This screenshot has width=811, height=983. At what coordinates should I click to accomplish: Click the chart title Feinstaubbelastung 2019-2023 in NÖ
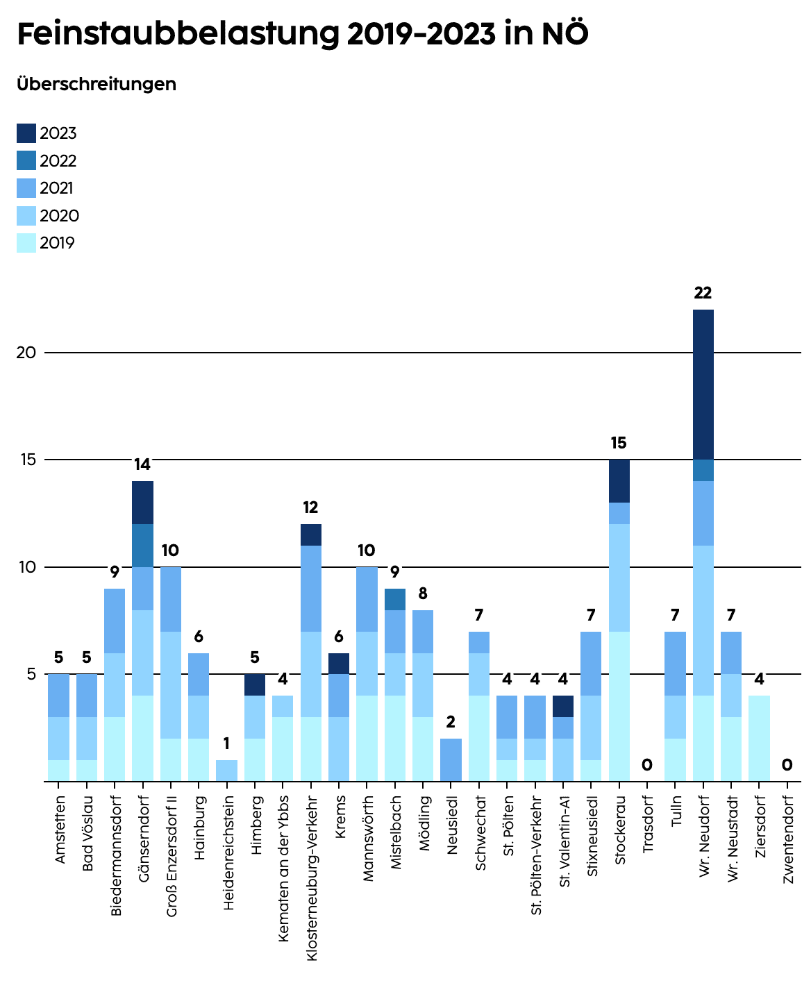click(x=303, y=35)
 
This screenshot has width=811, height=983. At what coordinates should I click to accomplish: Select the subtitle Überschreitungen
click(x=96, y=84)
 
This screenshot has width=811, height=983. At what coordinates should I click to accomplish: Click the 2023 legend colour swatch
click(x=26, y=133)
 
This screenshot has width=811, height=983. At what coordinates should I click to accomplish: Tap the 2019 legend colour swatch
click(x=26, y=243)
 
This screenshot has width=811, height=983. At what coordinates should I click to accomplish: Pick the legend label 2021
click(x=57, y=188)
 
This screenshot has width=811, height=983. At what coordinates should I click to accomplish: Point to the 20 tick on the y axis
click(x=26, y=353)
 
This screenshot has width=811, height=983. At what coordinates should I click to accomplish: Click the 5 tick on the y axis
click(x=31, y=674)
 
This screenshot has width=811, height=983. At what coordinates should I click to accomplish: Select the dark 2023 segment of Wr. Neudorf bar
click(x=703, y=385)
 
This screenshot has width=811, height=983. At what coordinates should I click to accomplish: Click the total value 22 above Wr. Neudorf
click(x=703, y=293)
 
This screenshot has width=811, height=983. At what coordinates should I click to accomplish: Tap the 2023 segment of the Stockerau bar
click(x=619, y=481)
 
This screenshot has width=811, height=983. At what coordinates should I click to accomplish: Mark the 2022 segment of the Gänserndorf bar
click(x=143, y=546)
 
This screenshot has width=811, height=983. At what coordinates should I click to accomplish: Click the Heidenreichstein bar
click(x=226, y=771)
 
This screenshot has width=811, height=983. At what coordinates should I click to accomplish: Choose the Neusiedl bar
click(x=451, y=759)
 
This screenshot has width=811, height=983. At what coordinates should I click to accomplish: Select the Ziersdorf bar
click(x=759, y=738)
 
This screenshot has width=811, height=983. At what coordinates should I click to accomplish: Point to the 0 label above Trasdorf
click(x=647, y=765)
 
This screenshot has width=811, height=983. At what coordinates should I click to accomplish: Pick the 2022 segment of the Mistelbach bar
click(x=395, y=599)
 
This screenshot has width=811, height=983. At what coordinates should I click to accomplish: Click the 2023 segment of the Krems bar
click(x=339, y=664)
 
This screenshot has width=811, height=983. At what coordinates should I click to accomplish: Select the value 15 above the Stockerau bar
click(x=619, y=443)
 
